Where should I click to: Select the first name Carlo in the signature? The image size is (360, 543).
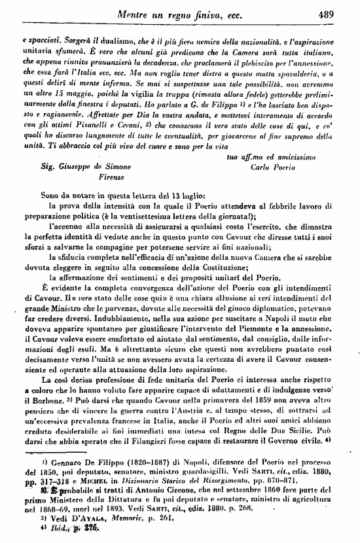coord(261,167)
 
